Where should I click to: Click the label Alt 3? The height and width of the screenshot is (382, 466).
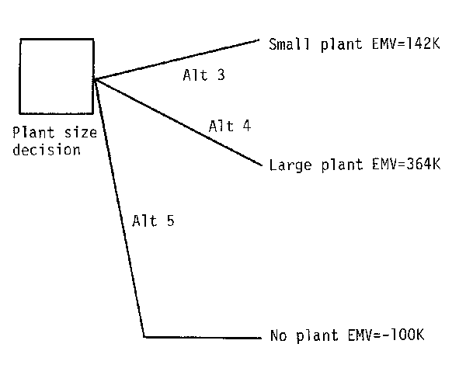coord(200,75)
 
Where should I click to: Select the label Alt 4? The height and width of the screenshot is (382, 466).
coord(229,126)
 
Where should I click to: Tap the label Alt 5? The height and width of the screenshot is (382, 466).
coord(153,220)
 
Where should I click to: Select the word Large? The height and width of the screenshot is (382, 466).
coord(287,165)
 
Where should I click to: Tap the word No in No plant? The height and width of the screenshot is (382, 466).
coord(277,336)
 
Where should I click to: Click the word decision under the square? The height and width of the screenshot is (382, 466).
coord(53,149)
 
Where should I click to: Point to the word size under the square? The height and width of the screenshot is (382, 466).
coord(82,133)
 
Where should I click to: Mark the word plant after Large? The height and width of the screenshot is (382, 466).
coord(334,165)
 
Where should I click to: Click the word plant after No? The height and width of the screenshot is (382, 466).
coord(311,336)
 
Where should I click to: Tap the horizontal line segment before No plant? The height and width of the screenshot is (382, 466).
coord(202,337)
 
